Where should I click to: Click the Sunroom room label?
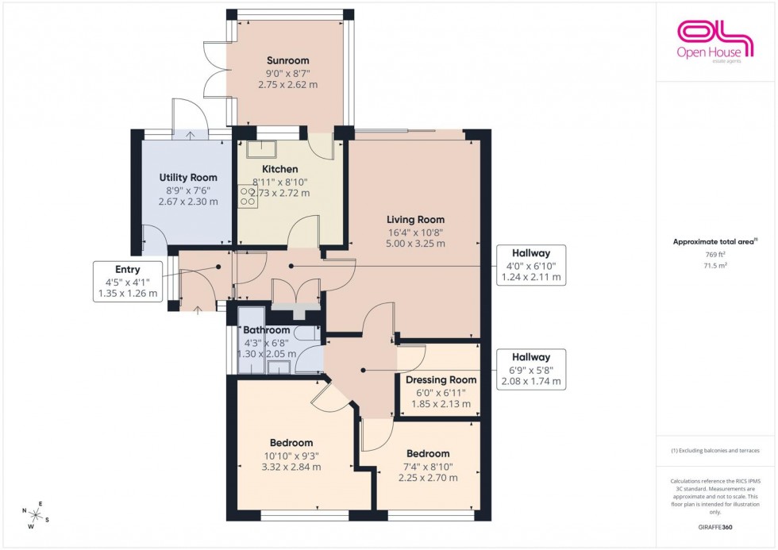tap(288, 60)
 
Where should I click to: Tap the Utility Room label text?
tap(187, 177)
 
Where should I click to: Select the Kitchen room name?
tap(280, 169)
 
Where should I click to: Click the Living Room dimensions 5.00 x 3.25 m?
tap(415, 244)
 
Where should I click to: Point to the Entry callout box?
tap(127, 282)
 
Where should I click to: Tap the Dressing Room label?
tap(441, 380)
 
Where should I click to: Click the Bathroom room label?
tap(266, 330)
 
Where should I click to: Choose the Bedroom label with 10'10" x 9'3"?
tap(291, 443)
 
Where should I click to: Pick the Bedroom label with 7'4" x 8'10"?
tap(428, 454)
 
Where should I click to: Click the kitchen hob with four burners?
tap(248, 197)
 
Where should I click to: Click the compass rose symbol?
tap(35, 516)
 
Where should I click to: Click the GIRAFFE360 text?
tap(715, 526)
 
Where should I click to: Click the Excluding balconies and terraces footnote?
tap(715, 450)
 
